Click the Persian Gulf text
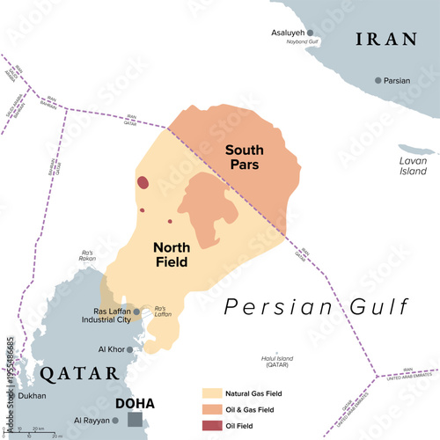[x=316, y=307]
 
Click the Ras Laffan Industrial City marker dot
[x=136, y=312]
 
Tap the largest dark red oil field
[x=143, y=183]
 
